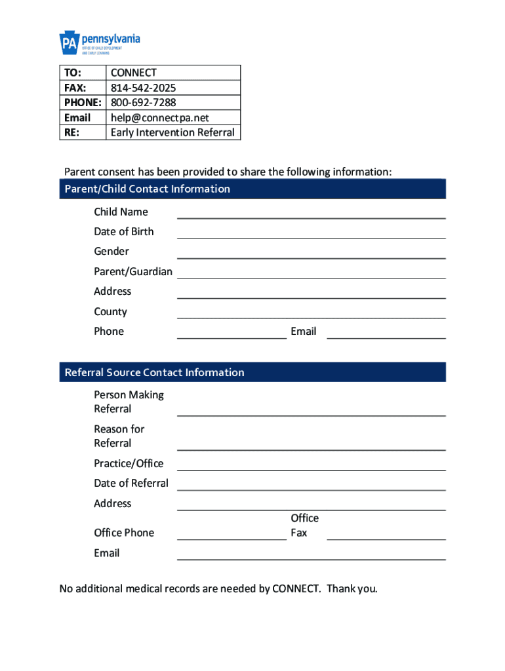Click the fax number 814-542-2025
coord(143,88)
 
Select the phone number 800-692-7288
coord(143,102)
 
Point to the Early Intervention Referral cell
coord(172,132)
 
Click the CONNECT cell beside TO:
coord(134,73)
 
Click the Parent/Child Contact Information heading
coord(148,189)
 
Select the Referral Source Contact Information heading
coord(154,372)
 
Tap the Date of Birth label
coord(124,231)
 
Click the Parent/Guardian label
coord(133,271)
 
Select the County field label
coord(110,312)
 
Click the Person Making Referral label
coord(129,402)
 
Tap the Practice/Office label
coord(129,463)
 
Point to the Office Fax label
coord(304,526)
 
